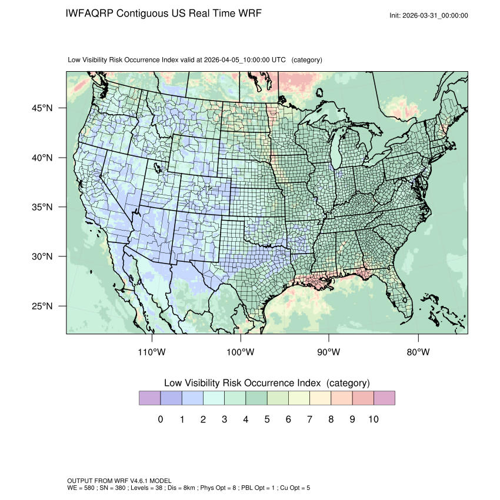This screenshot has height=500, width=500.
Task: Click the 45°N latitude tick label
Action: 42,108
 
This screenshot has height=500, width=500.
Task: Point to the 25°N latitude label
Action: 42,306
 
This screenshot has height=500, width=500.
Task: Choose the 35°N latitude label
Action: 42,207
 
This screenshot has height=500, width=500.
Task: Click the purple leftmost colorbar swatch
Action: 149,398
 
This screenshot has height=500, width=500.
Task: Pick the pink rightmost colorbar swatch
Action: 384,398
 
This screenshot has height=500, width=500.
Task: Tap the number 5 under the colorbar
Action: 267,419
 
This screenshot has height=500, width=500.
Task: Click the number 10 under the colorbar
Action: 374,419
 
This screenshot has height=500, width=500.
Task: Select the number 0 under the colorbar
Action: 160,419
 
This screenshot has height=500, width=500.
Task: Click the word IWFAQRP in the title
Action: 89,13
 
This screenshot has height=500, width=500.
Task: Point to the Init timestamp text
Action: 429,15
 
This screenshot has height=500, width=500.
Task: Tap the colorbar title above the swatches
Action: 266,383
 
